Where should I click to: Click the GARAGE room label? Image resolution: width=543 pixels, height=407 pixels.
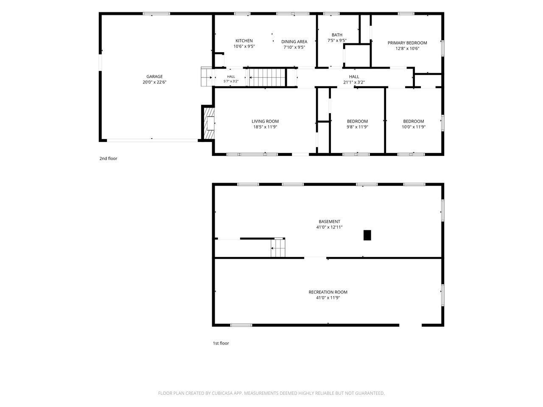click(154, 77)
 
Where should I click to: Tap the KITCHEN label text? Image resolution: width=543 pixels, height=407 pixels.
click(244, 41)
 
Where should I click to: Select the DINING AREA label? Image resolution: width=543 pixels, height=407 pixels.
click(294, 42)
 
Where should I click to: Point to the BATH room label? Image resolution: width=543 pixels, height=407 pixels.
click(337, 35)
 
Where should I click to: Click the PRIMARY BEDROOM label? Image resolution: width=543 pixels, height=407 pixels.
click(407, 43)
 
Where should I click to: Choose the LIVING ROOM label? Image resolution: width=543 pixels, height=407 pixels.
click(265, 121)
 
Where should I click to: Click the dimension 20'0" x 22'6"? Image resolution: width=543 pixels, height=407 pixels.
click(154, 82)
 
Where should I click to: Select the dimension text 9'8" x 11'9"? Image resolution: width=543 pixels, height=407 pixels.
click(357, 127)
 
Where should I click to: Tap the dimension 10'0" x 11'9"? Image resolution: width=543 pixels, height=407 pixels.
click(413, 127)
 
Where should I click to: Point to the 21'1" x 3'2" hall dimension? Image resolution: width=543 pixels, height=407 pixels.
click(354, 82)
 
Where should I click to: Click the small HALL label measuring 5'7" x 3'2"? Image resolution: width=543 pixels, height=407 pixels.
click(231, 77)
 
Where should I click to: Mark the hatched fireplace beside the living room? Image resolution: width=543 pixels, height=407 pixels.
click(208, 123)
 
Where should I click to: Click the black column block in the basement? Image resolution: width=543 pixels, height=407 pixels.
click(367, 235)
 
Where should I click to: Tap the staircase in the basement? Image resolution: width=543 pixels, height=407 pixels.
click(278, 248)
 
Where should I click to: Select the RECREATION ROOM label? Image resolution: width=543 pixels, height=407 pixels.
click(328, 292)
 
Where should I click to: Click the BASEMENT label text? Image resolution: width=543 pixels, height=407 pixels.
click(329, 222)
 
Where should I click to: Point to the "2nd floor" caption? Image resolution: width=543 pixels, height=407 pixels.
click(108, 159)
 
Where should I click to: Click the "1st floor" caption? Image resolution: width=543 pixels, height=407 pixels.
click(221, 343)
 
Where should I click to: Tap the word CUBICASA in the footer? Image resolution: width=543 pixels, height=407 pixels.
click(222, 393)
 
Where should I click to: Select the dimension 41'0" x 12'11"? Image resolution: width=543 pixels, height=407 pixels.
click(329, 227)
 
